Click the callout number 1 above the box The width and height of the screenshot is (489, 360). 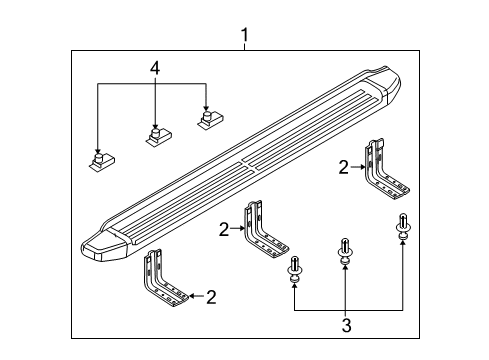[x=245, y=35]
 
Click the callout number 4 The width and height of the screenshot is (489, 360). [x=155, y=68]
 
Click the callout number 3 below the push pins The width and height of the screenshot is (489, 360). [x=347, y=325]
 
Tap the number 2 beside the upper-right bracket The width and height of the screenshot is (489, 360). [x=344, y=167]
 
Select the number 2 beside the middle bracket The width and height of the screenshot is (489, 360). [x=224, y=230]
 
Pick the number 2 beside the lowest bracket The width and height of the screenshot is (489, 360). [x=211, y=297]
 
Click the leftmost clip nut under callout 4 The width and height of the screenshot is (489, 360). [x=102, y=161]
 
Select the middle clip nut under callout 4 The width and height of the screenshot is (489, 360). [x=159, y=135]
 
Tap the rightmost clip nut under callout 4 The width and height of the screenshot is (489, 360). [x=210, y=119]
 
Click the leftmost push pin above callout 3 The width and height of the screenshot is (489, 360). [x=294, y=271]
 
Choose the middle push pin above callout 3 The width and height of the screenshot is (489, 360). [x=345, y=252]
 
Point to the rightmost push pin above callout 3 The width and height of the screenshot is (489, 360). [x=403, y=227]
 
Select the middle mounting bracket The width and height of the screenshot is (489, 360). [x=263, y=230]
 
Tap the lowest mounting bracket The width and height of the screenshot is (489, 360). [x=163, y=279]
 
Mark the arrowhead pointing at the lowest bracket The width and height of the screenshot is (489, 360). [x=192, y=296]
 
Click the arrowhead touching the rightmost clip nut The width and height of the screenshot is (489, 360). [x=206, y=107]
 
